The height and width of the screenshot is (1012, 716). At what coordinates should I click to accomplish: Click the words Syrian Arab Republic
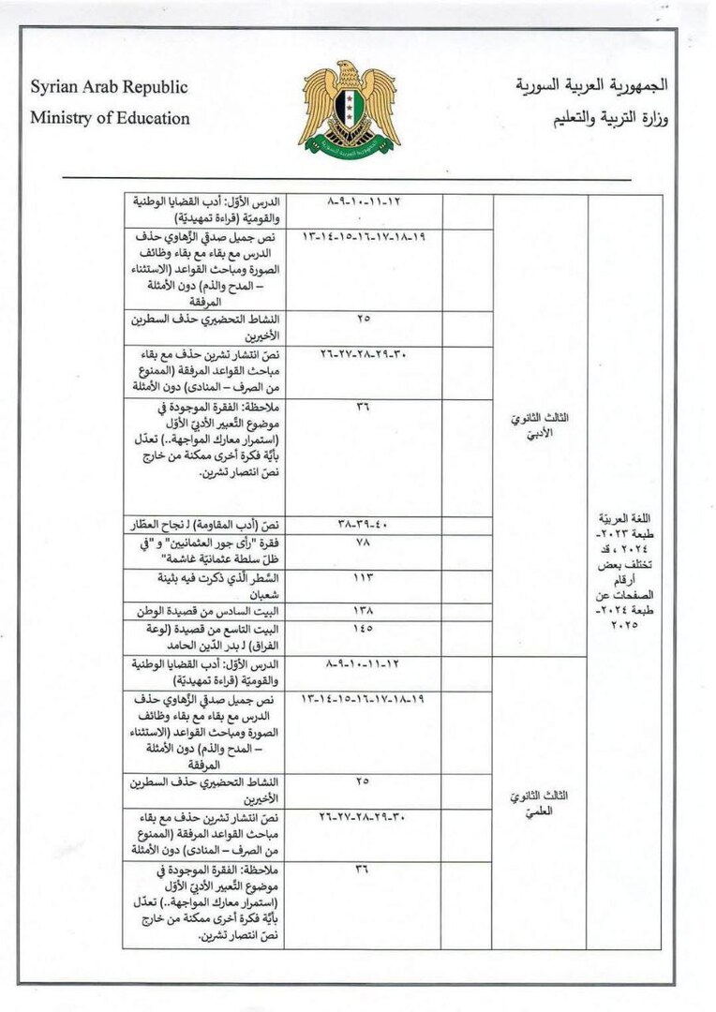pyautogui.click(x=109, y=87)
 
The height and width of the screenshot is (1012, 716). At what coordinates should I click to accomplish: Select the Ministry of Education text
pyautogui.click(x=110, y=118)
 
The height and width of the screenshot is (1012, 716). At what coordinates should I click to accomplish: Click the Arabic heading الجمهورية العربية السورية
pyautogui.click(x=592, y=85)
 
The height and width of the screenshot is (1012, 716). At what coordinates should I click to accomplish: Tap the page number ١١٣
pyautogui.click(x=364, y=578)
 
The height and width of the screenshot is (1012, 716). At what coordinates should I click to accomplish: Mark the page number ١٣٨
pyautogui.click(x=364, y=609)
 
